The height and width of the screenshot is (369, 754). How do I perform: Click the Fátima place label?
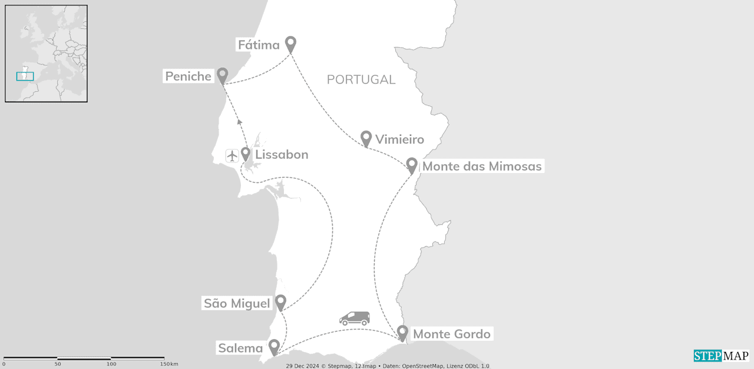click(258, 45)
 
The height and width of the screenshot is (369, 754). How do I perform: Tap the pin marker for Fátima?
click(290, 44)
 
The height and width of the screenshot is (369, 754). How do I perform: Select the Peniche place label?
click(188, 76)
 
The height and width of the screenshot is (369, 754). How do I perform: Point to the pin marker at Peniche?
click(222, 75)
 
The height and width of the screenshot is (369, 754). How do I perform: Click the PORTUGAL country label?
click(361, 79)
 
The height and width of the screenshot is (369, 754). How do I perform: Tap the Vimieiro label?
click(399, 139)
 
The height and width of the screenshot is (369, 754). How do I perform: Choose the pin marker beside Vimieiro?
click(366, 138)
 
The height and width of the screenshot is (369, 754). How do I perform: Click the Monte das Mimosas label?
click(482, 167)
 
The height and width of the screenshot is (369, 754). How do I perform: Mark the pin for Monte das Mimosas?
click(412, 165)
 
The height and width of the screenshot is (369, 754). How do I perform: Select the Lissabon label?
click(282, 155)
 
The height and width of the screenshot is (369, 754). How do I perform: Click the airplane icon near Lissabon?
click(232, 155)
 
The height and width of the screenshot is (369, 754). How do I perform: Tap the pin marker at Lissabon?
click(246, 154)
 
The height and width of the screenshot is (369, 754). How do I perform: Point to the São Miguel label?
click(237, 304)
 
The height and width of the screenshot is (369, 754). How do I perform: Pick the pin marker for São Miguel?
click(281, 302)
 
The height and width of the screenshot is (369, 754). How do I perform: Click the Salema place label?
click(240, 348)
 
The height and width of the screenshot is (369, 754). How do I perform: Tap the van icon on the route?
click(355, 318)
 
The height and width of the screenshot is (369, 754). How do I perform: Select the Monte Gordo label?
click(451, 334)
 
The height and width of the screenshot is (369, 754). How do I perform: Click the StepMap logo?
click(721, 355)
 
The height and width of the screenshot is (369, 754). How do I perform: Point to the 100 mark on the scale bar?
click(111, 364)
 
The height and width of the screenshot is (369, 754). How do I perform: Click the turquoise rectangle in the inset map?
click(25, 76)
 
